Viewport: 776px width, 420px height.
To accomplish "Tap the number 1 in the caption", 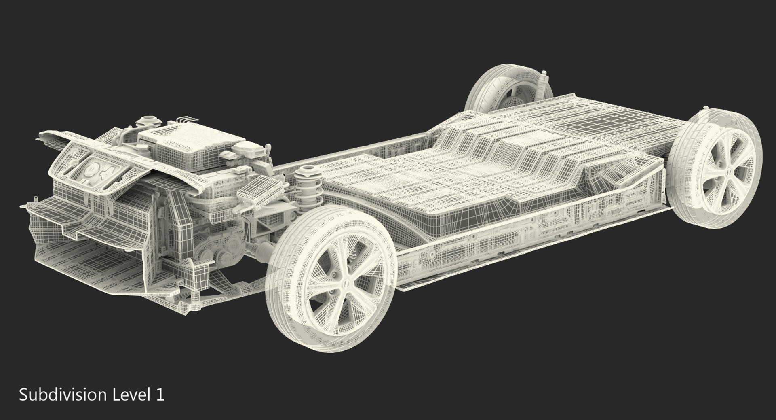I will (x=160, y=395).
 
